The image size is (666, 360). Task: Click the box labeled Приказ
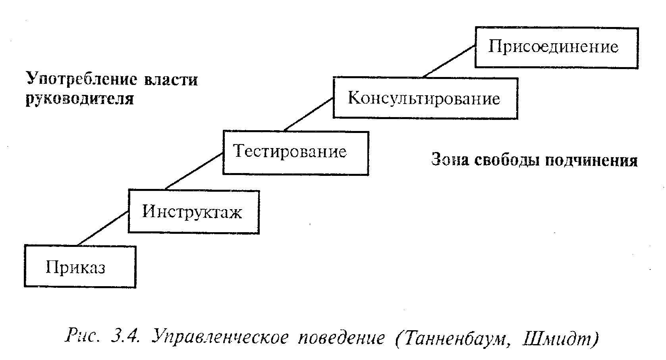[x=80, y=266]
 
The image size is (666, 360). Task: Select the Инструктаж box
[x=194, y=212]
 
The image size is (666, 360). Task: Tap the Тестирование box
[x=295, y=153]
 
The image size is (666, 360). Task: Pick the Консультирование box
[x=425, y=98]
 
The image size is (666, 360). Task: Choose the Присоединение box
[x=556, y=47]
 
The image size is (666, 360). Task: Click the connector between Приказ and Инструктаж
[x=103, y=228]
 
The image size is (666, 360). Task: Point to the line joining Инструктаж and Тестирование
[x=194, y=171]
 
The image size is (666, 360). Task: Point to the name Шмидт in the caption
[x=560, y=338]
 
